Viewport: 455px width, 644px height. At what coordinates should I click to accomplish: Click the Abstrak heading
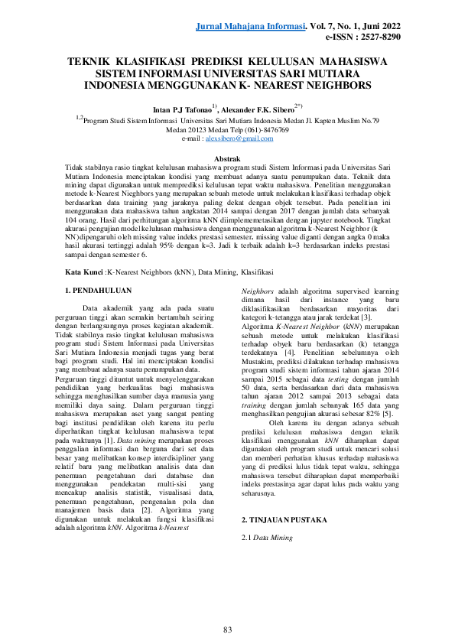[227, 158]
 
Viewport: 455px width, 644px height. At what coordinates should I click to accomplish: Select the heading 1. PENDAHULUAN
[99, 269]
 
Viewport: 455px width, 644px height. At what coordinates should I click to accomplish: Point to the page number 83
[227, 608]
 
